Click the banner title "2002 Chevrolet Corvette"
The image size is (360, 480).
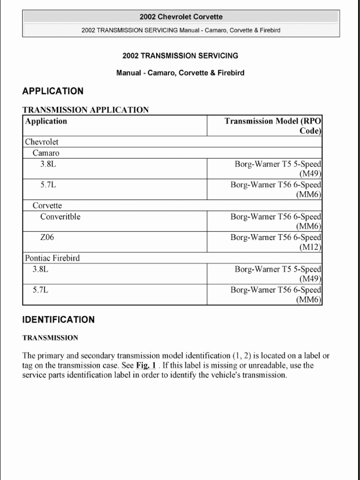pyautogui.click(x=180, y=17)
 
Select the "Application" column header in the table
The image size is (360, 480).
pyautogui.click(x=46, y=121)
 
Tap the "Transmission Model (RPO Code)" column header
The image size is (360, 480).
pyautogui.click(x=273, y=126)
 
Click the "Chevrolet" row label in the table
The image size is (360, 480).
pyautogui.click(x=42, y=142)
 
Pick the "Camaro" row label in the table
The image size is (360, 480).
pyautogui.click(x=46, y=153)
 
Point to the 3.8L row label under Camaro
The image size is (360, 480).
pyautogui.click(x=48, y=164)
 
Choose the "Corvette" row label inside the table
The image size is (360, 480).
pyautogui.click(x=47, y=205)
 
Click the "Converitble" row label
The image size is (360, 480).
pyautogui.click(x=60, y=217)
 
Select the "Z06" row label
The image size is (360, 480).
pyautogui.click(x=47, y=237)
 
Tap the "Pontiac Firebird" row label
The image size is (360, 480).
pyautogui.click(x=52, y=258)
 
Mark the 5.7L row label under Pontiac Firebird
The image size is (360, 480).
pyautogui.click(x=41, y=290)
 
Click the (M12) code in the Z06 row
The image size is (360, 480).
pyautogui.click(x=310, y=247)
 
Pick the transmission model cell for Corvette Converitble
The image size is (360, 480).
pyautogui.click(x=276, y=221)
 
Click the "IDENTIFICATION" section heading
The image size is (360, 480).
pyautogui.click(x=59, y=320)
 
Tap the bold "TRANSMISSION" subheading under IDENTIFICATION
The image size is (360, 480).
pyautogui.click(x=50, y=337)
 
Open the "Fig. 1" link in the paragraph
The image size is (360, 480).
pyautogui.click(x=146, y=365)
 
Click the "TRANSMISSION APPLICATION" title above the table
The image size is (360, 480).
pyautogui.click(x=86, y=110)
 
